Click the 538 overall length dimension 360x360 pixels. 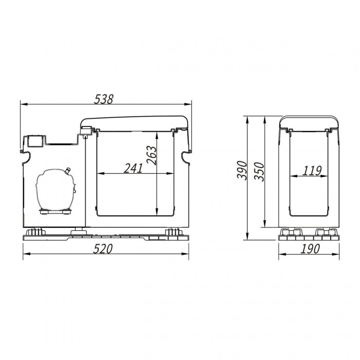click(104, 99)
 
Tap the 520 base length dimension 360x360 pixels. click(103, 249)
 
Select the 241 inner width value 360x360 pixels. click(133, 168)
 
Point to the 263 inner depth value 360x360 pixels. click(152, 155)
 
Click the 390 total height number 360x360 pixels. click(242, 170)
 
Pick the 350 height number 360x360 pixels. click(259, 172)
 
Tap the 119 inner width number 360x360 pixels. click(312, 171)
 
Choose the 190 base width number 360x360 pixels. click(310, 249)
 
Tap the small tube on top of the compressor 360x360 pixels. click(68, 171)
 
